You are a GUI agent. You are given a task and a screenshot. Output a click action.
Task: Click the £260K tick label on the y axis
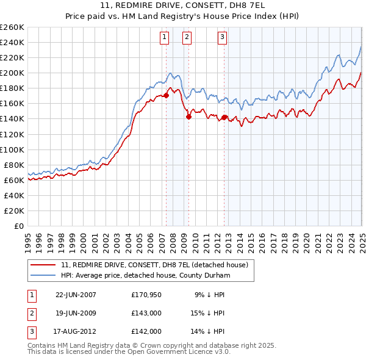(12, 27)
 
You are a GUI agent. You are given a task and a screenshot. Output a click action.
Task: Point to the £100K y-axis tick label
(12, 149)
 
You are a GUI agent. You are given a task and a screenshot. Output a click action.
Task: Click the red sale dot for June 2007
(167, 95)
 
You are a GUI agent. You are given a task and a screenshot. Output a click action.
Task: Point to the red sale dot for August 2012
(224, 117)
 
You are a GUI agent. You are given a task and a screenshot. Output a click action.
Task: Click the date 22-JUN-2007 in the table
(76, 295)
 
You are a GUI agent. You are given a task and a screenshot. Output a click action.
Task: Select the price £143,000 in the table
(146, 313)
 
